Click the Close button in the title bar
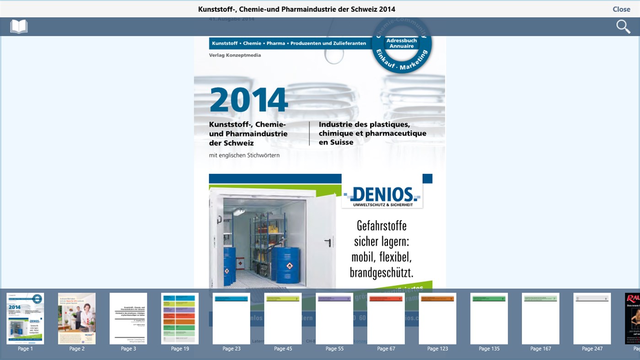pyautogui.click(x=621, y=9)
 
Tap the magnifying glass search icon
pyautogui.click(x=623, y=27)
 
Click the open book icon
pyautogui.click(x=19, y=27)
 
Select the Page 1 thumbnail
pyautogui.click(x=25, y=318)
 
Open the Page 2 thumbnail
pyautogui.click(x=77, y=318)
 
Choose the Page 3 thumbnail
pyautogui.click(x=129, y=318)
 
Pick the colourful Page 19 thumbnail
pyautogui.click(x=180, y=318)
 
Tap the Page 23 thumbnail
pyautogui.click(x=231, y=318)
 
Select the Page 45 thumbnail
pyautogui.click(x=283, y=318)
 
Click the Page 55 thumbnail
pyautogui.click(x=334, y=318)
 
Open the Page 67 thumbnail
pyautogui.click(x=386, y=318)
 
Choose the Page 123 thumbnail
pyautogui.click(x=438, y=318)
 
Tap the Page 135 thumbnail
pyautogui.click(x=489, y=318)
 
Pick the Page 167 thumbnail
pyautogui.click(x=541, y=318)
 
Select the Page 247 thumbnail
pyautogui.click(x=592, y=318)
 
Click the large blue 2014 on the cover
pyautogui.click(x=249, y=100)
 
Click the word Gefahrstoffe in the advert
pyautogui.click(x=382, y=226)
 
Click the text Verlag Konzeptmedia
pyautogui.click(x=235, y=55)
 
